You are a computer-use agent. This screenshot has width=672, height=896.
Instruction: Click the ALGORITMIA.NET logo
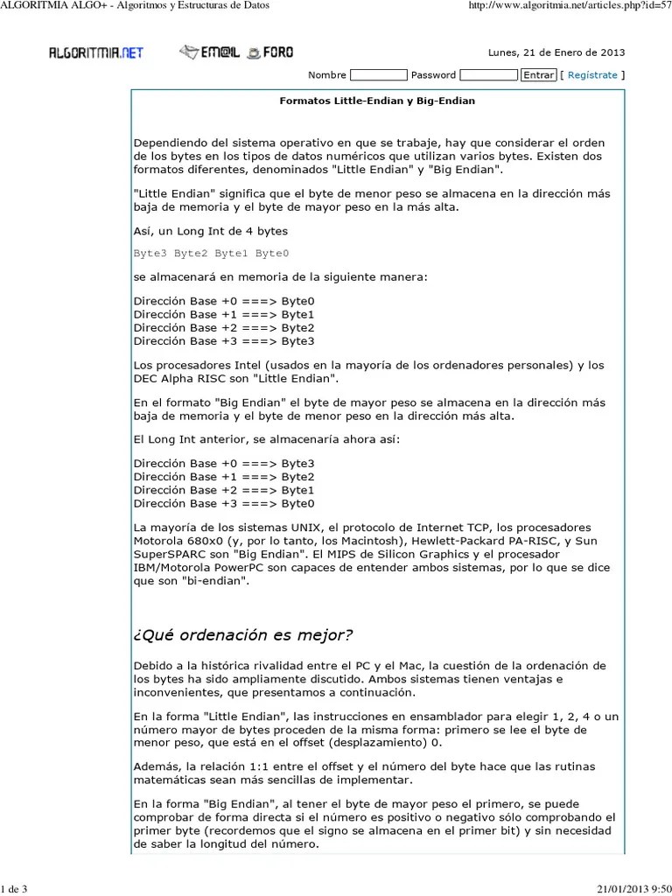95,52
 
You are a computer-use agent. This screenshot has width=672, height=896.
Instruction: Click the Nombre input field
378,75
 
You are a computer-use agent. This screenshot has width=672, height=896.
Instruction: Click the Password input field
488,75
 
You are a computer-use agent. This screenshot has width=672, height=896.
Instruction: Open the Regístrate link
592,75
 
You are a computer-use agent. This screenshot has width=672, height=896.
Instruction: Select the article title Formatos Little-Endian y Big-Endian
377,101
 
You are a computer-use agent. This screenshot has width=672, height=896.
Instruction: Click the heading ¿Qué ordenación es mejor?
244,634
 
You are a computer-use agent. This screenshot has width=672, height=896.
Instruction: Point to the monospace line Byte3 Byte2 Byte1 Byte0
211,254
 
